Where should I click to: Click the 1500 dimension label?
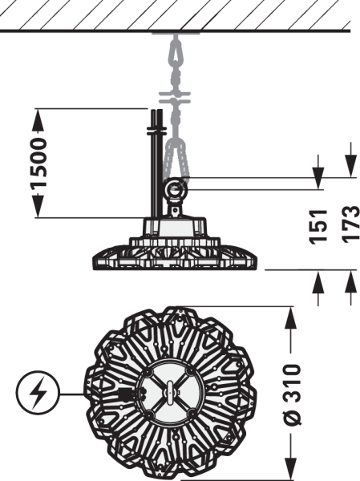(38, 163)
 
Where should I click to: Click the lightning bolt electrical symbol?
(37, 393)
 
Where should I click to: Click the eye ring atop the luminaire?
(176, 188)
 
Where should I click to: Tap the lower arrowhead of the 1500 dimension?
(38, 206)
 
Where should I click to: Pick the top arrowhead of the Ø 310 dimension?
(290, 318)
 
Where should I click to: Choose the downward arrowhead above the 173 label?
(351, 166)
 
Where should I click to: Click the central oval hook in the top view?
(170, 391)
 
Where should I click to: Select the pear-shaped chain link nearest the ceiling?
(176, 51)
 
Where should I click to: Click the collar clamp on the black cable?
(156, 131)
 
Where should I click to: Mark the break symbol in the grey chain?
(174, 97)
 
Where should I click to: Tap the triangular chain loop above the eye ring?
(176, 158)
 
